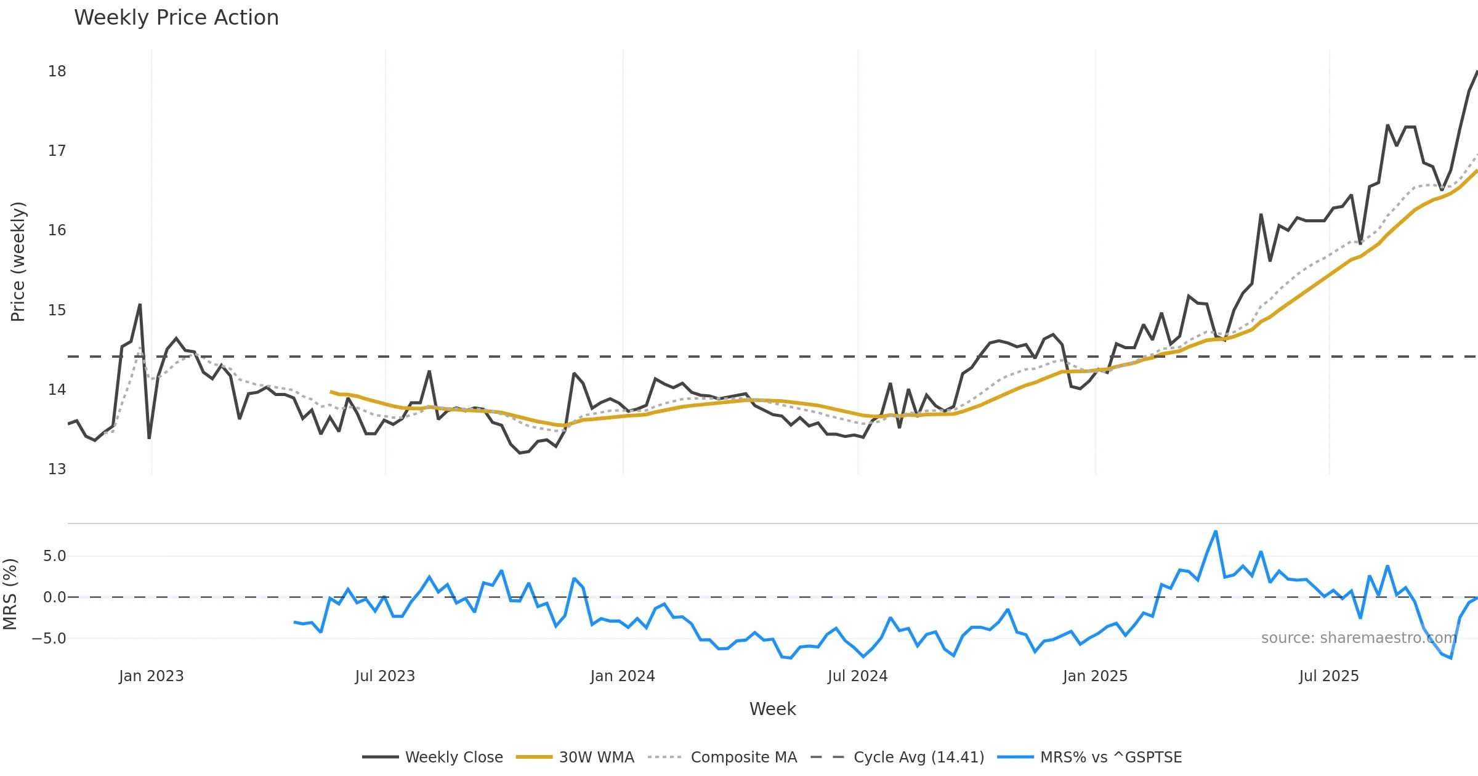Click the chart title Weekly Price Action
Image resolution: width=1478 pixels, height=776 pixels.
176,18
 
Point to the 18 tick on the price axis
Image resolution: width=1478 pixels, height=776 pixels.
57,71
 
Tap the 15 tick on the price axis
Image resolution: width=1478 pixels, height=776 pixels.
57,310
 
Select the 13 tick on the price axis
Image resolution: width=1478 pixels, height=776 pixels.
57,469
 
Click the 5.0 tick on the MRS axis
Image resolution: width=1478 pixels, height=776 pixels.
54,556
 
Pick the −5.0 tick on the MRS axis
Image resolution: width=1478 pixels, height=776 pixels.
49,639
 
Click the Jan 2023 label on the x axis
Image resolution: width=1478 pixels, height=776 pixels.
151,676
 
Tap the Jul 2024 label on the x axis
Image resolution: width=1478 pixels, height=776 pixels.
857,676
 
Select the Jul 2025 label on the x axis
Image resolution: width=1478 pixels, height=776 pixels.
1329,676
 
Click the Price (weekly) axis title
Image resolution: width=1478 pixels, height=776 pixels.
18,262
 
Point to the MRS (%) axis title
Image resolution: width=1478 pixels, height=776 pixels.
10,594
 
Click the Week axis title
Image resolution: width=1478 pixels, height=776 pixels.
772,709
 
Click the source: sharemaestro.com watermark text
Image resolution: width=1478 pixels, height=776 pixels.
1359,638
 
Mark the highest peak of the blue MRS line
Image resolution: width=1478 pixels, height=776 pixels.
1216,531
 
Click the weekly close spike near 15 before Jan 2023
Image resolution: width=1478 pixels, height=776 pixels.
140,305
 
